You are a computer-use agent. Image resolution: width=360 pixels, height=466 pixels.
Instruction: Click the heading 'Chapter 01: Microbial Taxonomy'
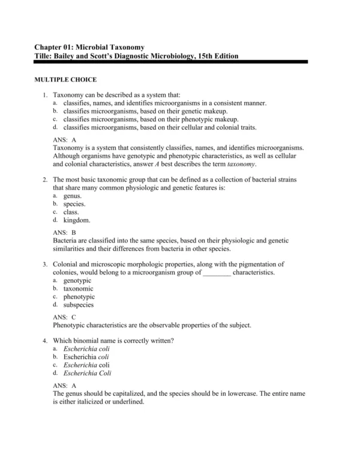tap(89, 47)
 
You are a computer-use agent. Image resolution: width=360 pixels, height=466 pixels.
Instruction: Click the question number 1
tap(45, 95)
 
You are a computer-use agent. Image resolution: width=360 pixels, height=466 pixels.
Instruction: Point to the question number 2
tap(45, 180)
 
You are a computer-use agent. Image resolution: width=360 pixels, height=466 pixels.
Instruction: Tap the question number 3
tap(45, 264)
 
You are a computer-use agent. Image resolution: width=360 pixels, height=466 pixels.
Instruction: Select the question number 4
tap(45, 340)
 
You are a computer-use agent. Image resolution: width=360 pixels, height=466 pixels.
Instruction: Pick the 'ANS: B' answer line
tap(65, 232)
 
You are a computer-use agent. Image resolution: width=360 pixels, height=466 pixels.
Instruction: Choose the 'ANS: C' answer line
tap(65, 316)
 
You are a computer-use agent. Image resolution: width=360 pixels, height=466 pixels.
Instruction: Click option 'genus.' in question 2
tap(73, 196)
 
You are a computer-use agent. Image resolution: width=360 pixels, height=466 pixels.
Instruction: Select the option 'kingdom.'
tap(77, 220)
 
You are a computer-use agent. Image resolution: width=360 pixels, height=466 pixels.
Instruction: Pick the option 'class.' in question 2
tap(71, 212)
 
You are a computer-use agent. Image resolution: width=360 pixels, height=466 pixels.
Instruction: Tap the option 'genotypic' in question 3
tap(77, 280)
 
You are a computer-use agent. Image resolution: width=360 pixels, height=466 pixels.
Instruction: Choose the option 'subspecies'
tap(79, 304)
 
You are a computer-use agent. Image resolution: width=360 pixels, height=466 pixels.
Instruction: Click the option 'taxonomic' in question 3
tap(78, 288)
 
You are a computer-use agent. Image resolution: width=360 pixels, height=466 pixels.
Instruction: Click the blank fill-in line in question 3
tap(217, 273)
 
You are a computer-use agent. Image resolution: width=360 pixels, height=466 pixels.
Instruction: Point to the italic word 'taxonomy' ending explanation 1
tap(242, 163)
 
